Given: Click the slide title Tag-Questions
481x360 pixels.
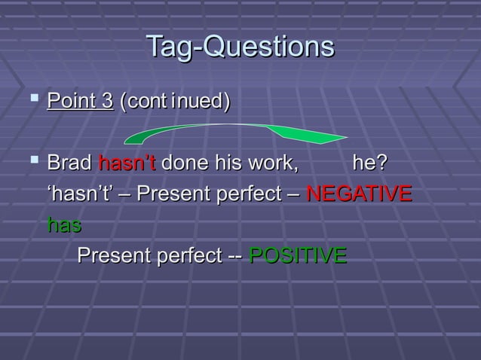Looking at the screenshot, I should point(240,47).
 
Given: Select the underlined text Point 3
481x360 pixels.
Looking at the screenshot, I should point(80,101).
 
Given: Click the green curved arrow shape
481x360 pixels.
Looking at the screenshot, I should point(234,136).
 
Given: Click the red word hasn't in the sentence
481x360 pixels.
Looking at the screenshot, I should point(127,163).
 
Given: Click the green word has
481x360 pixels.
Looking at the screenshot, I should point(64,224).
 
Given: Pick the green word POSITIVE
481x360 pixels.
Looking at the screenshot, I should point(297,255).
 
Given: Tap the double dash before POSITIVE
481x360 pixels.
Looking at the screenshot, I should point(234,255).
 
